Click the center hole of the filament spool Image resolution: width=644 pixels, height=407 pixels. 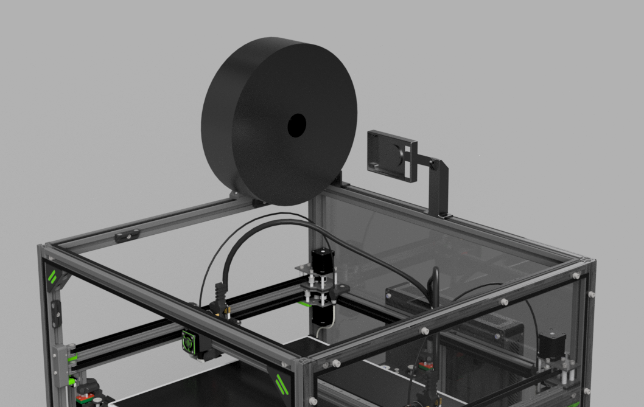296,125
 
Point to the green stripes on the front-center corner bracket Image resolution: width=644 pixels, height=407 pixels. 281,384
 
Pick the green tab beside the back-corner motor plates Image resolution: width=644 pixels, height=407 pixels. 303,303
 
